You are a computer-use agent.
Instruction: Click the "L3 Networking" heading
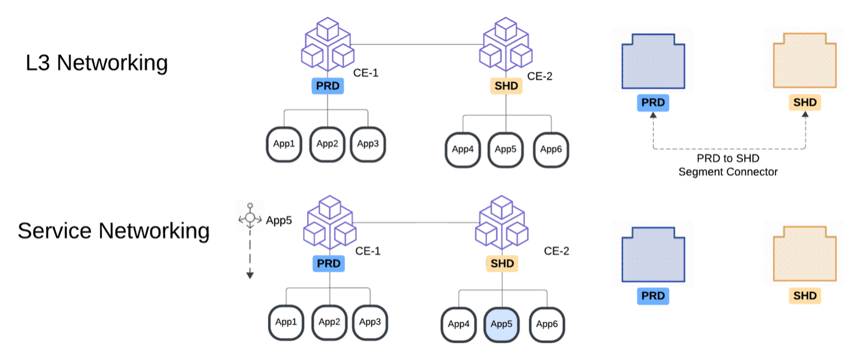tap(97, 63)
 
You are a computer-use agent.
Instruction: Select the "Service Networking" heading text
tap(114, 231)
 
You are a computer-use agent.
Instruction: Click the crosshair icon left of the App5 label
tap(250, 219)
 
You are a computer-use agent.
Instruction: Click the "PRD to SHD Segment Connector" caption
tap(728, 166)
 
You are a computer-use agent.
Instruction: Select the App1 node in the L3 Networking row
tap(284, 144)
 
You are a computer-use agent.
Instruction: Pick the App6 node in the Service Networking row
tap(547, 324)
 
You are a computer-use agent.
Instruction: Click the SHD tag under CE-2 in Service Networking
tap(502, 264)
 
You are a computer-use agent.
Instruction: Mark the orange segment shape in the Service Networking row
tap(804, 252)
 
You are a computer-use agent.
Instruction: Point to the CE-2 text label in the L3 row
tap(539, 76)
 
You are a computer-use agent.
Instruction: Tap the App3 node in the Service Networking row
tap(370, 321)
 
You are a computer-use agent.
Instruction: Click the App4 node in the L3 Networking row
tap(462, 149)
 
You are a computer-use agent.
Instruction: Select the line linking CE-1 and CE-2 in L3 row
tap(415, 44)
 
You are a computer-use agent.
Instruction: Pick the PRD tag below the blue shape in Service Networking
tap(653, 296)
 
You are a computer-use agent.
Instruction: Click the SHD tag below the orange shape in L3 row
tap(804, 102)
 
